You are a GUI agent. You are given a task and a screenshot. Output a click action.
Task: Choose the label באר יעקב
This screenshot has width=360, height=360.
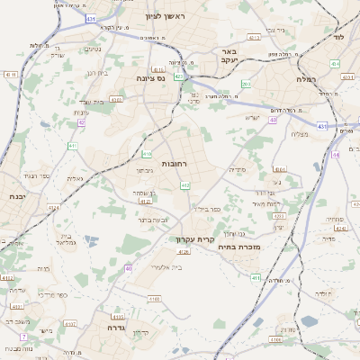pos(229,57)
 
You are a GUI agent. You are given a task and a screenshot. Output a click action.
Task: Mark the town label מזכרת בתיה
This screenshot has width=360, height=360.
pos(239,246)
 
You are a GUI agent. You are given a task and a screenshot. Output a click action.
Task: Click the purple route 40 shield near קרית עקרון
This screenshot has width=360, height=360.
pos(129,268)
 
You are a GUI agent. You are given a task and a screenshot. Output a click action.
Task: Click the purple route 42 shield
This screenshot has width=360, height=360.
pos(82,121)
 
